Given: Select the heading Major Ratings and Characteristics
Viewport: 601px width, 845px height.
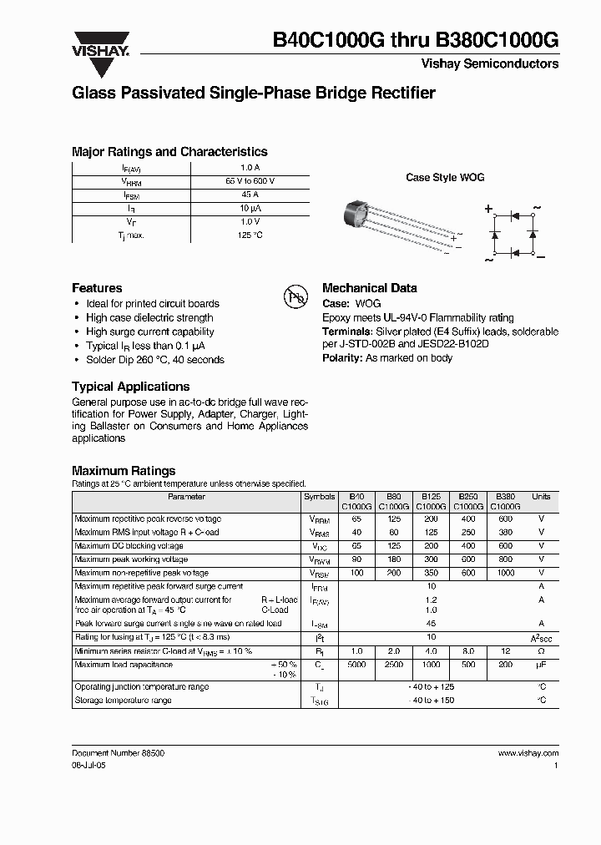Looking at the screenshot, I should (169, 152).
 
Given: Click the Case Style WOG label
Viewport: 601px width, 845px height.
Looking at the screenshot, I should (444, 178).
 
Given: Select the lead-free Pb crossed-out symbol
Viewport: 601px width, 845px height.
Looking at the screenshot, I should (296, 296).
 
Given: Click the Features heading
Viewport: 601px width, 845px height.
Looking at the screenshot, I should (97, 288).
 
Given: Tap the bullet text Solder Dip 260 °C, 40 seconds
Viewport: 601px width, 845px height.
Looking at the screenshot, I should (155, 360).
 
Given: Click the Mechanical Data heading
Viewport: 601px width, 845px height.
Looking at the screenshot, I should (369, 288).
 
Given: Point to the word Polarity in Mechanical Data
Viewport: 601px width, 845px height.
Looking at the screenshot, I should (341, 357).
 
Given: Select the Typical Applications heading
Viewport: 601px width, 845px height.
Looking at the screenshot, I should (130, 387).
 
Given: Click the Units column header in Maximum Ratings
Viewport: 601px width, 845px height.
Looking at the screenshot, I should (541, 497).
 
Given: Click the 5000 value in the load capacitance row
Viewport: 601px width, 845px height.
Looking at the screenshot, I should (356, 665).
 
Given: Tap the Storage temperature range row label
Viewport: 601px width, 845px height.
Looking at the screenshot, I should (123, 701).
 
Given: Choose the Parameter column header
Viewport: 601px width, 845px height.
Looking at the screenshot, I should (186, 497).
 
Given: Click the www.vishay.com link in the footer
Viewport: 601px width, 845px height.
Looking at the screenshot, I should (528, 752).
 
